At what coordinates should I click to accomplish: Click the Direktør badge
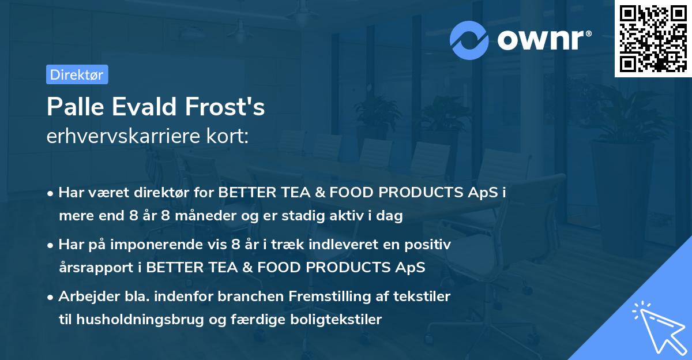pos(77,74)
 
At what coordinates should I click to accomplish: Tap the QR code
pos(653,39)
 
